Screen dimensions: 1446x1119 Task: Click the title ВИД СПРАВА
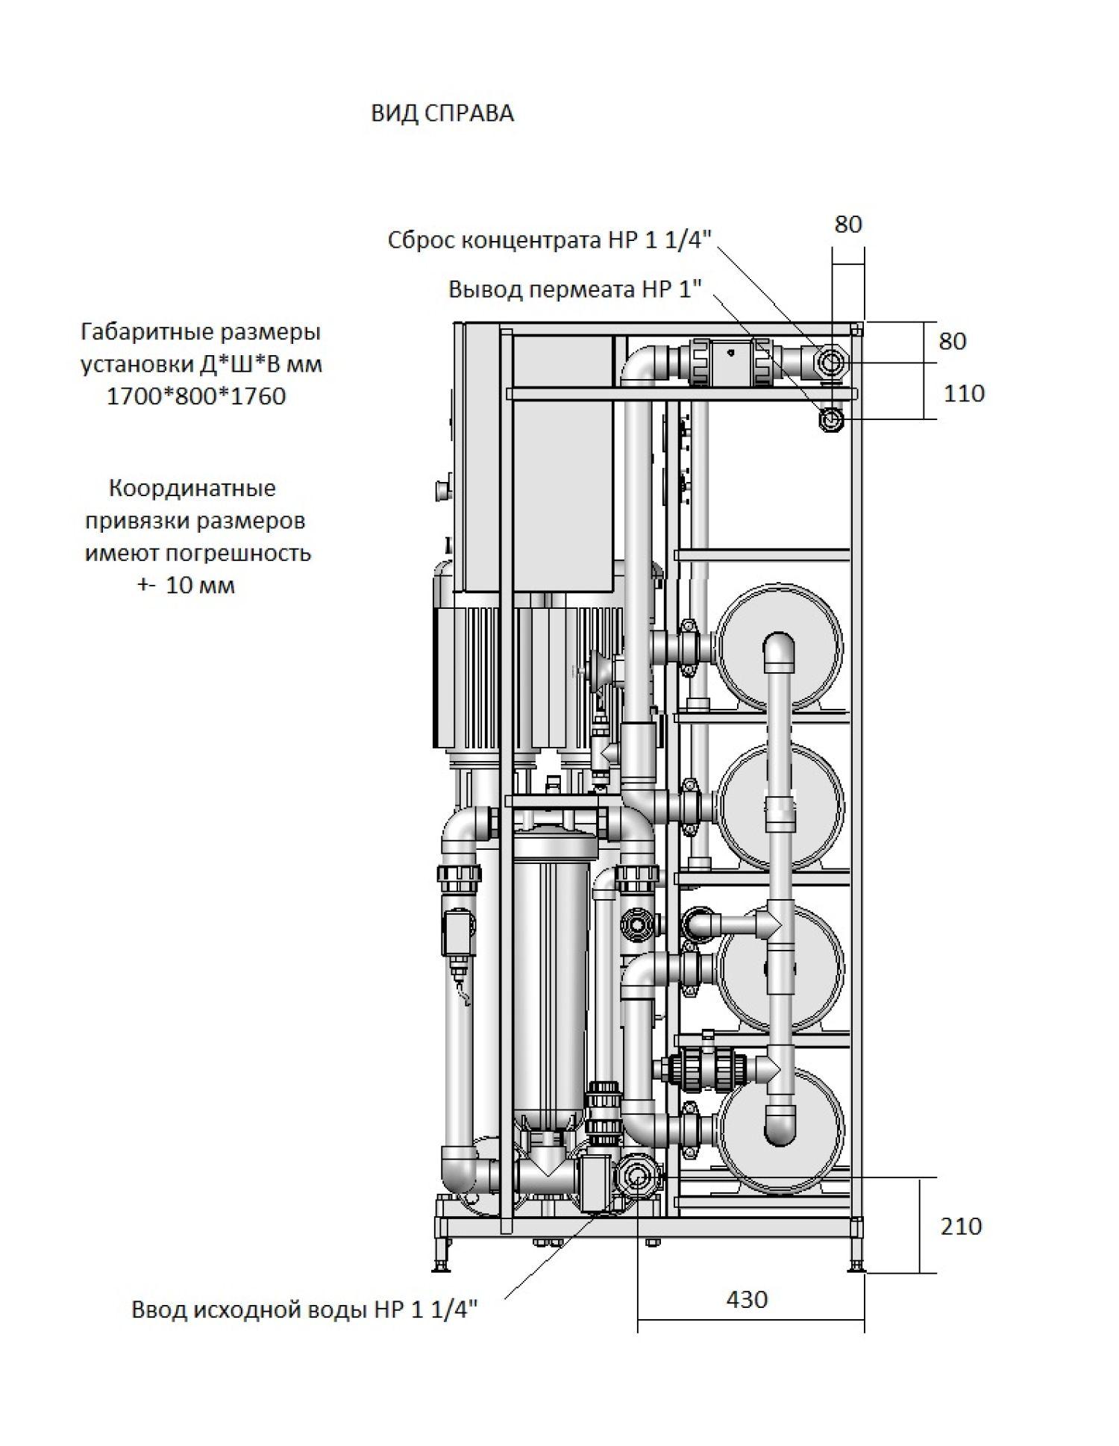point(442,113)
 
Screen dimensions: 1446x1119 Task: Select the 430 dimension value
point(746,1299)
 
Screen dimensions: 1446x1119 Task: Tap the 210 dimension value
point(961,1226)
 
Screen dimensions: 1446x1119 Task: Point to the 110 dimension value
point(964,393)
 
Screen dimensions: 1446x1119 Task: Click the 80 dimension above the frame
point(847,224)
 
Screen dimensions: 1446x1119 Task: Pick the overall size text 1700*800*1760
point(196,396)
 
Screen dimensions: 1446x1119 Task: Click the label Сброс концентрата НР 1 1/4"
point(550,240)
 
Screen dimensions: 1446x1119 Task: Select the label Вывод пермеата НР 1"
point(575,289)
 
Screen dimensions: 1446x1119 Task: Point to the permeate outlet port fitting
point(830,420)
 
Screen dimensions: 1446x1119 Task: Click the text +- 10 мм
point(186,585)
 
